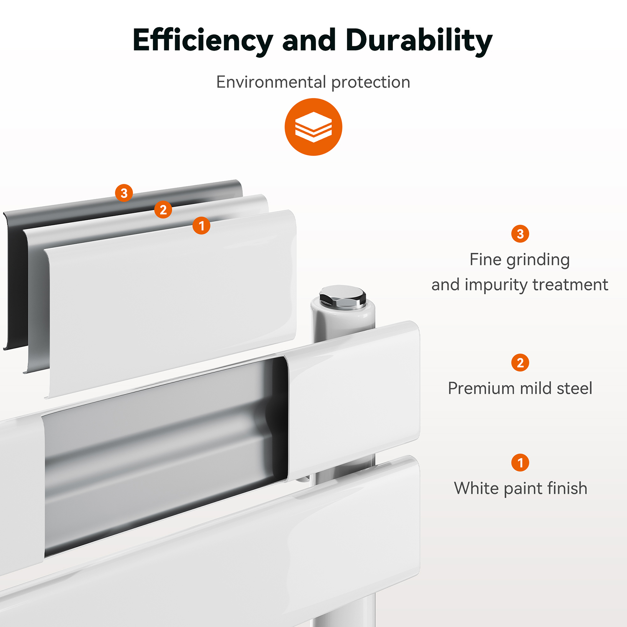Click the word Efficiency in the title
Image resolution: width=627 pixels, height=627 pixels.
coord(203,41)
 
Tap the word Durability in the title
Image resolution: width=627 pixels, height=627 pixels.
coord(419,41)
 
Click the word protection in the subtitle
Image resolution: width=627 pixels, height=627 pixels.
coord(371,83)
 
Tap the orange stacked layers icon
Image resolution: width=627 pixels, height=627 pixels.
coord(313,127)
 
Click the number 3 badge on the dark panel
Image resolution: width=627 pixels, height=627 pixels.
coord(124,193)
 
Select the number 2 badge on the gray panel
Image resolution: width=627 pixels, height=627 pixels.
coord(163,209)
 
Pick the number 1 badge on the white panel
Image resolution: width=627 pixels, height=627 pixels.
coord(201,226)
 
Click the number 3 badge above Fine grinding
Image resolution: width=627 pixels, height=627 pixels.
coord(520,234)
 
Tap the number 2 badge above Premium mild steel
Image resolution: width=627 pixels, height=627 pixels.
coord(520,362)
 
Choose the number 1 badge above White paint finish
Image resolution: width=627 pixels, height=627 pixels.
coord(520,462)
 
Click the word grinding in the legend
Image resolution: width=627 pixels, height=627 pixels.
coord(538,260)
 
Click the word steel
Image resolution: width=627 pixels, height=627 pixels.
coord(575,388)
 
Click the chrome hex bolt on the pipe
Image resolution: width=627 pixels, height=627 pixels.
coord(342,297)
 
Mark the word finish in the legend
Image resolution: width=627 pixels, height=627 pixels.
coord(567,488)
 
